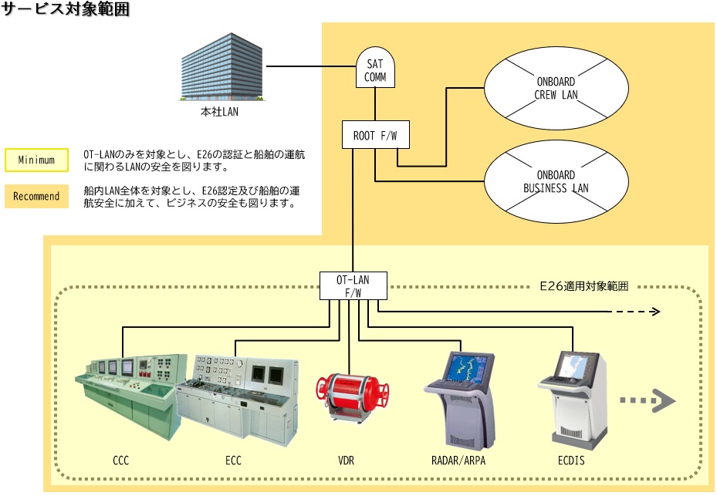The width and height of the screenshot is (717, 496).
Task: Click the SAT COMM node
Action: click(x=375, y=68)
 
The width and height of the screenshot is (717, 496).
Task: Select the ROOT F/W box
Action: click(x=375, y=136)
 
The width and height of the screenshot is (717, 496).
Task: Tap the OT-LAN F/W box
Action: click(x=353, y=286)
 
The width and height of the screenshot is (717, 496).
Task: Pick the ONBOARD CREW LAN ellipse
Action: click(x=556, y=89)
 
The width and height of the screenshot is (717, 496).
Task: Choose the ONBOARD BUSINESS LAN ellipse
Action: click(x=556, y=181)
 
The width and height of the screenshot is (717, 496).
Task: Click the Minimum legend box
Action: click(x=36, y=160)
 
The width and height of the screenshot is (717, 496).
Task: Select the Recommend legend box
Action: click(x=36, y=196)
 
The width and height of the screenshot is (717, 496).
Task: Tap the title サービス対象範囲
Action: click(x=65, y=10)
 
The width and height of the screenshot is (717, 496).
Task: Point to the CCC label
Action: click(x=120, y=461)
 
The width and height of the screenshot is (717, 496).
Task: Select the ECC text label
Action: click(x=234, y=461)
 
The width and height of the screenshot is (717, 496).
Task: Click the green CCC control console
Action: click(x=131, y=393)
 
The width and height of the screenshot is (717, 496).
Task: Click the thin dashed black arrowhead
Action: click(x=654, y=312)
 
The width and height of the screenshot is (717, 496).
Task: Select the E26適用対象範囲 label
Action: click(x=583, y=285)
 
